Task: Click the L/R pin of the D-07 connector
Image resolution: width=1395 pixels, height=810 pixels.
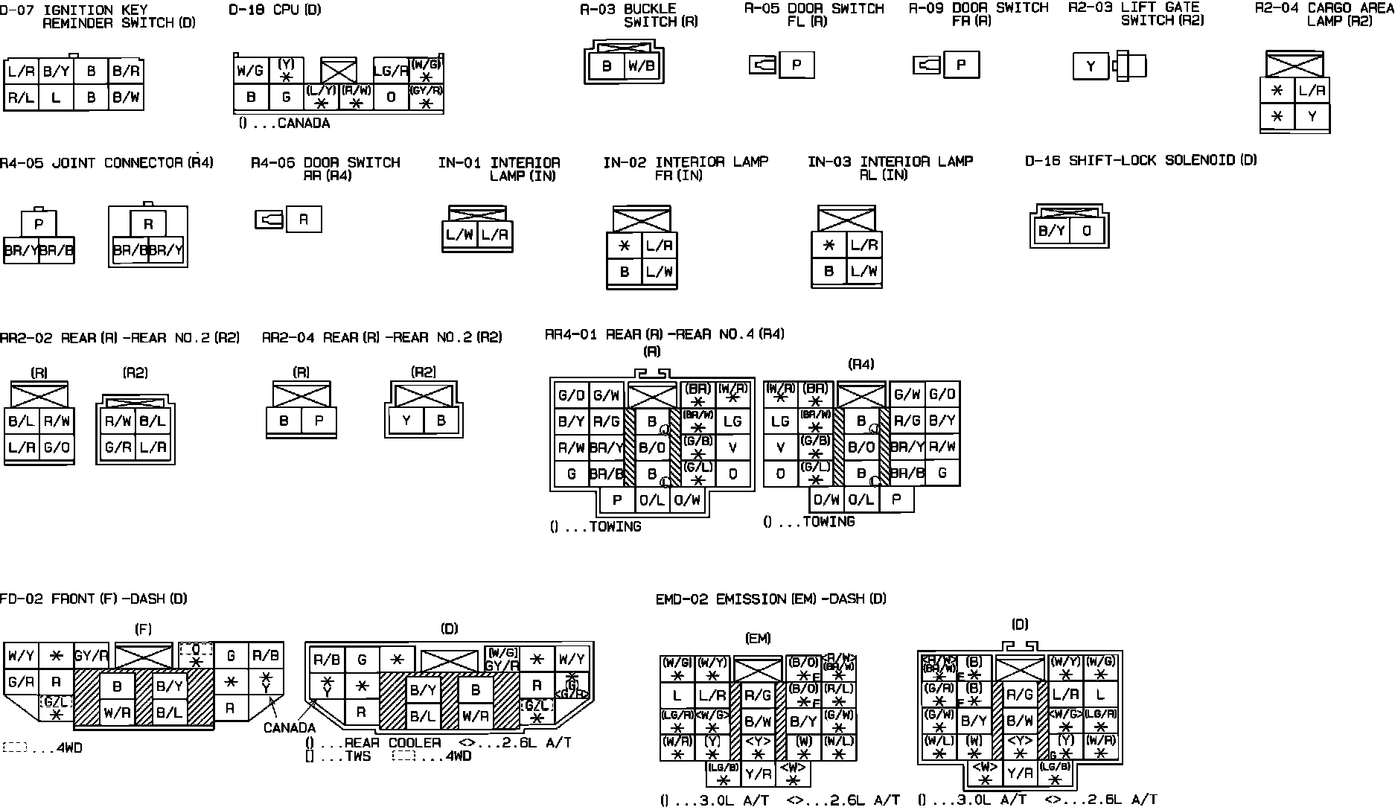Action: tap(21, 71)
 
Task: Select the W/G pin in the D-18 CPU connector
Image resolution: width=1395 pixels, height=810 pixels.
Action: tap(250, 71)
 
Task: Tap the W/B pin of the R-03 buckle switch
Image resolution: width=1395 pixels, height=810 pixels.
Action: tap(641, 66)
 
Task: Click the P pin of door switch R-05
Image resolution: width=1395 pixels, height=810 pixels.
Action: tap(797, 65)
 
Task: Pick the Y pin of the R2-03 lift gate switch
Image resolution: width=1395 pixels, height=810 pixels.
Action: tap(1091, 66)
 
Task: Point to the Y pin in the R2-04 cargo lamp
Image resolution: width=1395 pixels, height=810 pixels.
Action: tap(1312, 117)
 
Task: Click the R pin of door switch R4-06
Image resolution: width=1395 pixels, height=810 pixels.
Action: tap(304, 220)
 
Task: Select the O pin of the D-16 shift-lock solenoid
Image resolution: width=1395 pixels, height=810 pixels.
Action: tap(1087, 231)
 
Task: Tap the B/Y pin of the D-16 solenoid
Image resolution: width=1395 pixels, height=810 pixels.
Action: tap(1051, 231)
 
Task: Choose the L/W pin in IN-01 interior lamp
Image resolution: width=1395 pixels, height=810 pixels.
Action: tap(459, 235)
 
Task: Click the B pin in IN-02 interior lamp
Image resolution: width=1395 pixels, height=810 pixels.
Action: tap(624, 272)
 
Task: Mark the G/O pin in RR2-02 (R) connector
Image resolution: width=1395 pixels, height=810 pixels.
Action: tap(57, 447)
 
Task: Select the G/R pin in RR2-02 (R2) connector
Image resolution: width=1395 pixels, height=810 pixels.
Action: tap(118, 447)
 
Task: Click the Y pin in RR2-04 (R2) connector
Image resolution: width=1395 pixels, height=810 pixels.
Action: tap(406, 421)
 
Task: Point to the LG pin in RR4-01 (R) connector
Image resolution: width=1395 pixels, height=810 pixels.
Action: tap(733, 421)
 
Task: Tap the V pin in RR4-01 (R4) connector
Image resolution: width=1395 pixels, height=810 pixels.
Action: tap(780, 447)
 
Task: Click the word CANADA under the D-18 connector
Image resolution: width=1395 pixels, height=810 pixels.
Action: tap(303, 124)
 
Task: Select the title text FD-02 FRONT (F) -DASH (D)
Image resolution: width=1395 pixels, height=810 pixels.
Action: tap(94, 599)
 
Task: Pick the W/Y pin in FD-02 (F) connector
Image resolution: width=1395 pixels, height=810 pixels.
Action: tap(21, 657)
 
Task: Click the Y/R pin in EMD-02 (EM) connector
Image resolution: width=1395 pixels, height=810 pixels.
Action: tap(758, 774)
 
